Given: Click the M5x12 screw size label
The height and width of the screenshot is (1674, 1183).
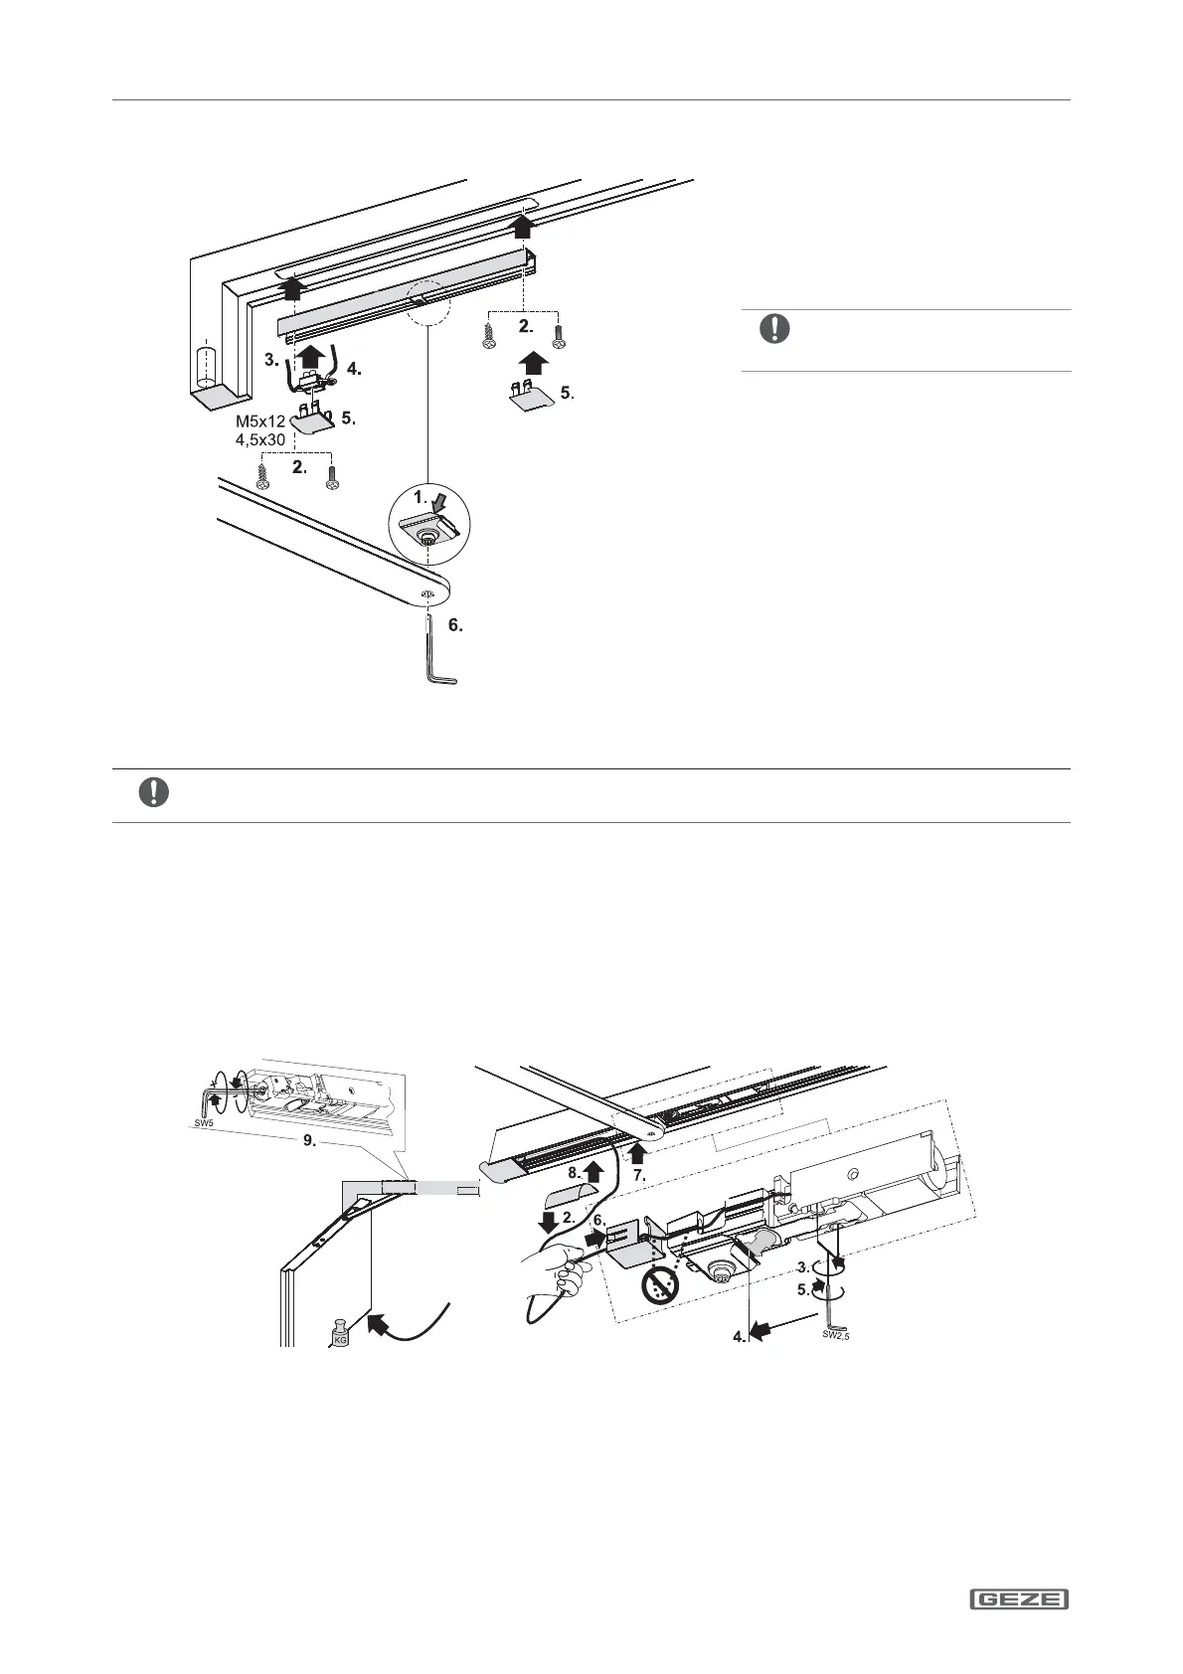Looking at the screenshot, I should pyautogui.click(x=260, y=419).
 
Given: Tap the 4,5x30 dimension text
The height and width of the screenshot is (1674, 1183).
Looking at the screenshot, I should pyautogui.click(x=260, y=438).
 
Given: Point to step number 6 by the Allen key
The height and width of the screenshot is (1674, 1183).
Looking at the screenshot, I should pyautogui.click(x=454, y=626).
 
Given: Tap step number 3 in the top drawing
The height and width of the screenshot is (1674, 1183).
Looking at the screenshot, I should pyautogui.click(x=271, y=359).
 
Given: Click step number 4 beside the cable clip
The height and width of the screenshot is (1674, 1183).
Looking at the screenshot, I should pyautogui.click(x=354, y=370).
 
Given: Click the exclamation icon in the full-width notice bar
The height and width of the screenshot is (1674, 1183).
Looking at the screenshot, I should pyautogui.click(x=153, y=792).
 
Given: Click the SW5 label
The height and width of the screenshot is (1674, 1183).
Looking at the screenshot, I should pyautogui.click(x=203, y=1122).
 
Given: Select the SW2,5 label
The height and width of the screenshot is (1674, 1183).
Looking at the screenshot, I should pyautogui.click(x=835, y=1337).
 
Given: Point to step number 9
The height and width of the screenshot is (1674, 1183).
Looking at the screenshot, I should pyautogui.click(x=310, y=1142).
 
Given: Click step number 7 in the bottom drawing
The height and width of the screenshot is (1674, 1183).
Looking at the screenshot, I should pyautogui.click(x=639, y=1175).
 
